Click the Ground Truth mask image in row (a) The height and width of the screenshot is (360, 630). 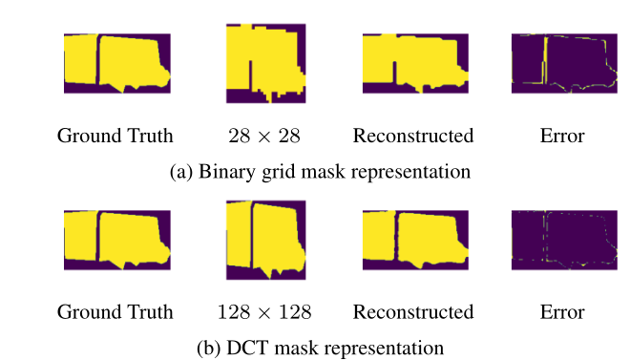116,64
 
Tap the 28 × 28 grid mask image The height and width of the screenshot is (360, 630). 264,63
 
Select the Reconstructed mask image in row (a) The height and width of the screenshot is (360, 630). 413,64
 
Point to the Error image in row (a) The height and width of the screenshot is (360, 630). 561,64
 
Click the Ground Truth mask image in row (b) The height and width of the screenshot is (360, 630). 116,241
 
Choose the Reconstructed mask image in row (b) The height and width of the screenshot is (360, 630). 413,241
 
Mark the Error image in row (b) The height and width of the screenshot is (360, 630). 561,241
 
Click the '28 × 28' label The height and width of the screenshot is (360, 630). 264,136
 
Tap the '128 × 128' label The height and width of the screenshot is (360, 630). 264,312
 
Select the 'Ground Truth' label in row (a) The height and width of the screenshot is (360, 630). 115,136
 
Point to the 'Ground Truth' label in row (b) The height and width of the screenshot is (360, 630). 115,312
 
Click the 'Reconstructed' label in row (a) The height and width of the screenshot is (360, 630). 413,136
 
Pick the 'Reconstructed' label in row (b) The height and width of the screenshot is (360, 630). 413,312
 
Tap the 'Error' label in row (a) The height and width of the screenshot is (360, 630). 561,136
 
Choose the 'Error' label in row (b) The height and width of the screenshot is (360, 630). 561,312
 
